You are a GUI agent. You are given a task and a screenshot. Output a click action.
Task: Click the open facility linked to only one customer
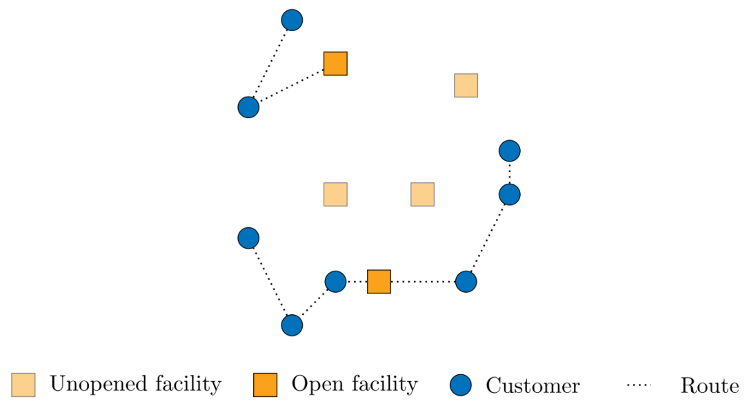point(335,64)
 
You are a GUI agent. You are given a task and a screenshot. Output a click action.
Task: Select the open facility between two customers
point(379,282)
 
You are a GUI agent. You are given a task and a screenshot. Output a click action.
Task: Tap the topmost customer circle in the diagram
point(292,20)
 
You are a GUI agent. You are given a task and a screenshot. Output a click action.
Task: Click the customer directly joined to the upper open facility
point(248,107)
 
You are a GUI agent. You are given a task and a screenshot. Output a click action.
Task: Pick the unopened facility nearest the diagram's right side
point(466,86)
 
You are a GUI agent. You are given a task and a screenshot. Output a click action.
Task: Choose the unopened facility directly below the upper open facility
point(335,195)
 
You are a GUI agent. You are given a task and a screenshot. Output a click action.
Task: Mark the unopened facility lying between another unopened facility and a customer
point(422,195)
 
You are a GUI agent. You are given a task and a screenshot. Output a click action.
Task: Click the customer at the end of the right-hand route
point(510,151)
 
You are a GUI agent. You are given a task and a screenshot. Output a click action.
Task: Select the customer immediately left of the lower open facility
point(335,282)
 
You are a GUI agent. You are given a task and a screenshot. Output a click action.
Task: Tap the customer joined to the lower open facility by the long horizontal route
point(466,282)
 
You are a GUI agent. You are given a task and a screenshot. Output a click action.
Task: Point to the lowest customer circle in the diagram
point(292,325)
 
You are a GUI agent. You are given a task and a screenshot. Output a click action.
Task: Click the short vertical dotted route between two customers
point(510,173)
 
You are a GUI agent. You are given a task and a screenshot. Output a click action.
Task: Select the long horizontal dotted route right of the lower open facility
point(423,282)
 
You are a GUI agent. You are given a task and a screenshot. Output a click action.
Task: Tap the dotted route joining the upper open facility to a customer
point(291,86)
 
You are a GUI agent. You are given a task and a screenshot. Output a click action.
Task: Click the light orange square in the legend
point(23,385)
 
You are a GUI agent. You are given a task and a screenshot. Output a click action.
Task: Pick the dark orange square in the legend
point(265,385)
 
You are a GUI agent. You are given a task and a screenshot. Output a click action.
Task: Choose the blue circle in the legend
point(461,385)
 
